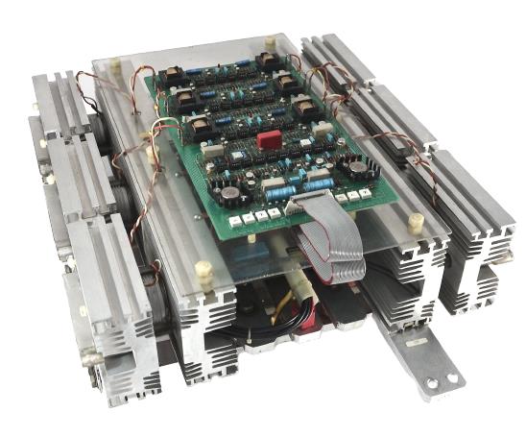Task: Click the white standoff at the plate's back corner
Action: tap(269, 42)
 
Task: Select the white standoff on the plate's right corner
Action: tap(417, 223)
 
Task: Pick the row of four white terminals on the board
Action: tap(246, 217)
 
